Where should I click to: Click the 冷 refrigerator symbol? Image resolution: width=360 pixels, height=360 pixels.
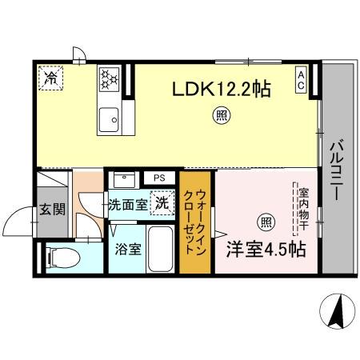[50, 78]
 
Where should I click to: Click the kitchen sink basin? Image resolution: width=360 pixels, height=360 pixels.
[107, 121]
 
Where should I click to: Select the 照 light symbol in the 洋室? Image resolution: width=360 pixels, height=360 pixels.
[262, 222]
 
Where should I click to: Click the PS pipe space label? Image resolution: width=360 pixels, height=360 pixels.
[158, 178]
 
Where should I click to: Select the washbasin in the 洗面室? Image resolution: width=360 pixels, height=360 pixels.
[122, 180]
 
